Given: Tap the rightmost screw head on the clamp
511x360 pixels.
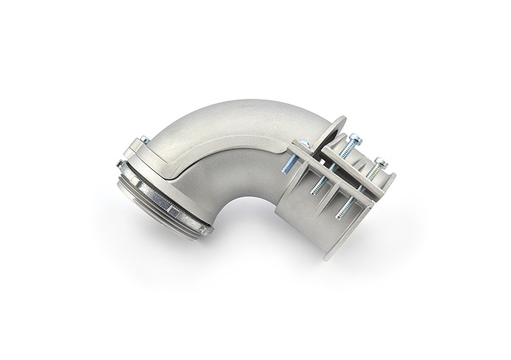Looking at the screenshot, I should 382,161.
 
